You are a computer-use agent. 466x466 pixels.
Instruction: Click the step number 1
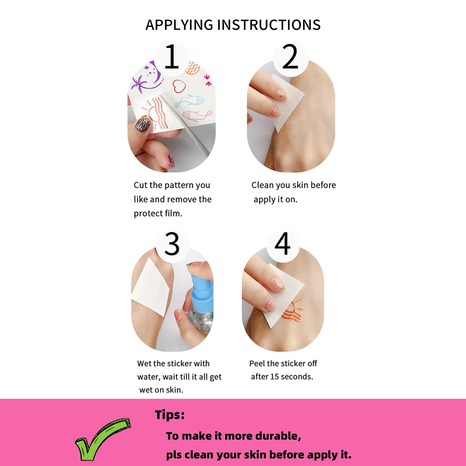pyautogui.click(x=172, y=56)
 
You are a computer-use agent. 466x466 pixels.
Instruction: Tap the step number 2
pyautogui.click(x=290, y=56)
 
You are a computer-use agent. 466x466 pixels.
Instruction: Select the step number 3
pyautogui.click(x=172, y=243)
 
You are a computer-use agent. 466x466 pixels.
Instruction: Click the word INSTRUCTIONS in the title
pyautogui.click(x=269, y=25)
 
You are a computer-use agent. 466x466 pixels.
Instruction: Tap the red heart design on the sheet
pyautogui.click(x=179, y=86)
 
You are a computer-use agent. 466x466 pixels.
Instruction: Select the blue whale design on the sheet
pyautogui.click(x=190, y=101)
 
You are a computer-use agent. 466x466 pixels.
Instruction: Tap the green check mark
pyautogui.click(x=103, y=438)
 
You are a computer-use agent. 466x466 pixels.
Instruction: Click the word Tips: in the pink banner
pyautogui.click(x=170, y=415)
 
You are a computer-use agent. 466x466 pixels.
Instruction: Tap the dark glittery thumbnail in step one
pyautogui.click(x=143, y=124)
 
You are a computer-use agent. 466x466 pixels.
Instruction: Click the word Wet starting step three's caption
pyautogui.click(x=144, y=363)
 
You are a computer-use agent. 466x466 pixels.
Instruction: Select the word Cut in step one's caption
pyautogui.click(x=141, y=185)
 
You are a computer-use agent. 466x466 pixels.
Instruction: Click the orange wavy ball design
pyautogui.click(x=193, y=68)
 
